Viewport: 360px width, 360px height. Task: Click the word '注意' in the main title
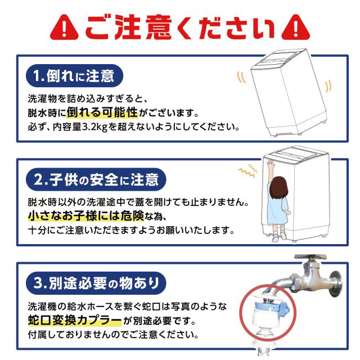click(x=143, y=27)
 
